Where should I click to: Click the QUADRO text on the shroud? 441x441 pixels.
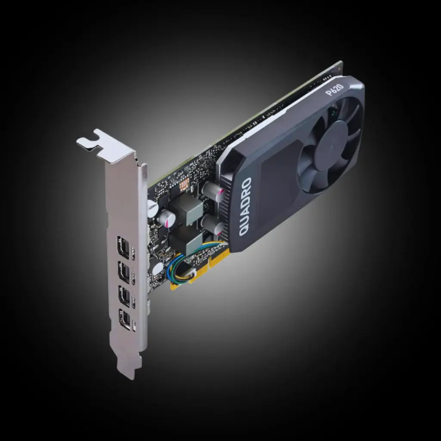pos(245,207)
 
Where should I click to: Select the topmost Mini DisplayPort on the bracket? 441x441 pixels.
pos(123,247)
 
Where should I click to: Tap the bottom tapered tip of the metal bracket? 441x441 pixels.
pos(129,370)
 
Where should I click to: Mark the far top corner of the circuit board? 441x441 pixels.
pos(340,64)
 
